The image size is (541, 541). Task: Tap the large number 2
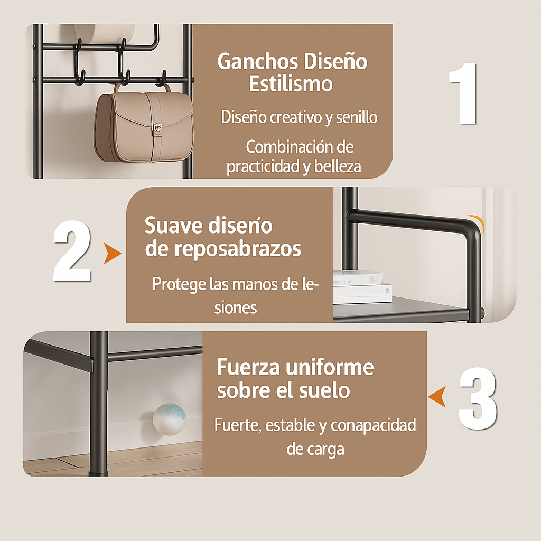(x=72, y=251)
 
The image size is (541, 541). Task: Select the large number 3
(x=478, y=398)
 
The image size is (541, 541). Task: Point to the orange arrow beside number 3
(x=437, y=397)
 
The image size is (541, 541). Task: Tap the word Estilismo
(x=291, y=84)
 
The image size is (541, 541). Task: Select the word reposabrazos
(x=237, y=249)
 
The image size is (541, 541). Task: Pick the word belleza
(x=338, y=166)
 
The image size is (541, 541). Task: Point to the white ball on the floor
(x=170, y=419)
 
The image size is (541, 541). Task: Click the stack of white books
(x=362, y=287)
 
